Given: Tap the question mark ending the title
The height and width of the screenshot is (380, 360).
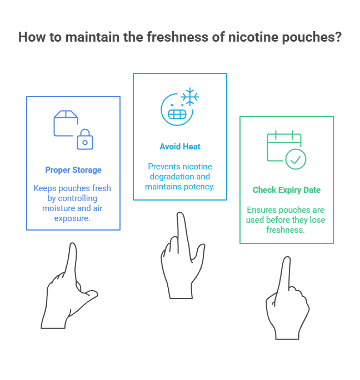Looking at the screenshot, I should pyautogui.click(x=338, y=37).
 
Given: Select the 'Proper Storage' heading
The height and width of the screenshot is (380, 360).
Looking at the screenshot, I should pyautogui.click(x=73, y=170).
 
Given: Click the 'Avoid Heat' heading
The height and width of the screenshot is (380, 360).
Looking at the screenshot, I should pyautogui.click(x=180, y=147).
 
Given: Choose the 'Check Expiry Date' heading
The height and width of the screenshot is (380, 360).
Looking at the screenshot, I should pyautogui.click(x=286, y=190).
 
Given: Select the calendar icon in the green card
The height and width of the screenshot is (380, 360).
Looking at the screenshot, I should pyautogui.click(x=282, y=146).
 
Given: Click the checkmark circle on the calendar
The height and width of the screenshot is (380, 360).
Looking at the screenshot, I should pyautogui.click(x=296, y=159).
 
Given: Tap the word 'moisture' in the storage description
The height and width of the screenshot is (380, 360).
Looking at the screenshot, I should pyautogui.click(x=59, y=208).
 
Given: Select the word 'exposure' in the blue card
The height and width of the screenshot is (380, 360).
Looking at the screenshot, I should pyautogui.click(x=73, y=218).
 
